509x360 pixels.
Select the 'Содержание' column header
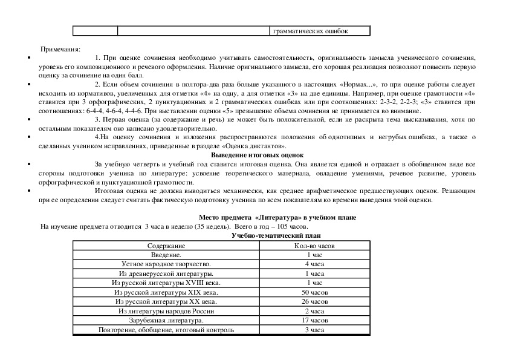click(x=167, y=246)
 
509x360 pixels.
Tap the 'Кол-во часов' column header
click(x=314, y=246)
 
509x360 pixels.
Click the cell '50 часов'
click(x=314, y=292)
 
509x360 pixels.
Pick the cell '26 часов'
click(x=314, y=301)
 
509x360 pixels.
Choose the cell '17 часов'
click(x=314, y=320)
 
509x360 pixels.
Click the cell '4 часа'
click(x=314, y=264)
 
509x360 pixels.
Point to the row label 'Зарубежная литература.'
click(x=167, y=320)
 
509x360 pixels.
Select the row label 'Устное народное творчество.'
click(x=167, y=264)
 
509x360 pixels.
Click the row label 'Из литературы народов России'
click(x=167, y=310)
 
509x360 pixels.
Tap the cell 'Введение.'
click(x=167, y=255)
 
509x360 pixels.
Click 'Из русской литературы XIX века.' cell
click(x=167, y=292)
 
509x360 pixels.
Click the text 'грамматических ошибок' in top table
click(x=311, y=31)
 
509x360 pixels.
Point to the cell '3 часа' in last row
click(x=314, y=330)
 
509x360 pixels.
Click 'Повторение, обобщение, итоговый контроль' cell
click(x=167, y=330)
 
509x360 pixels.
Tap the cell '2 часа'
click(x=314, y=310)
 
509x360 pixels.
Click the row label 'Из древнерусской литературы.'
click(x=167, y=273)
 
